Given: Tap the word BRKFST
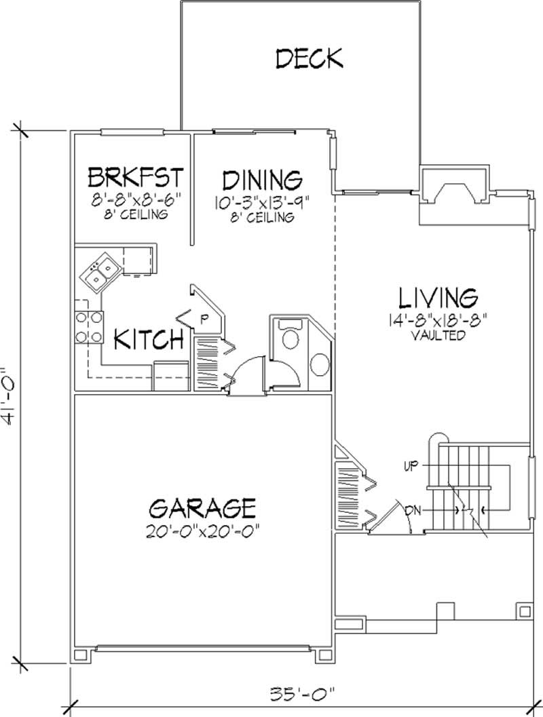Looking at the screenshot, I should (x=136, y=178).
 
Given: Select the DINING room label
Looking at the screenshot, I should (x=262, y=180).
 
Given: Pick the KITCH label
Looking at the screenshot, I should (x=149, y=338).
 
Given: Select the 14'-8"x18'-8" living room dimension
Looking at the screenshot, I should (x=441, y=319).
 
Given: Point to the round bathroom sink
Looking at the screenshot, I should (x=318, y=365).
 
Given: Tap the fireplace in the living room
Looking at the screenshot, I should (x=453, y=193).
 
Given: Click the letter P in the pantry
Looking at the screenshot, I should (x=202, y=317).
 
